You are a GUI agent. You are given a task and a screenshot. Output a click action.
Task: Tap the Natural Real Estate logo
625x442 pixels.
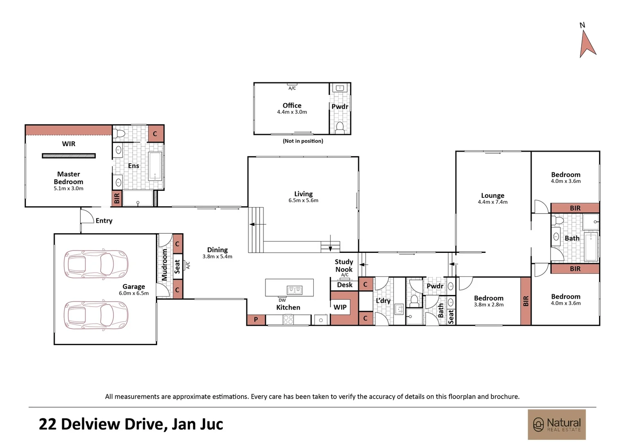point(557,424)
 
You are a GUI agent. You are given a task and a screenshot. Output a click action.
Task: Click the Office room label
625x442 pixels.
point(292,105)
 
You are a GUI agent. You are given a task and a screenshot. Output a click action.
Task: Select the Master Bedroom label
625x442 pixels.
point(68,178)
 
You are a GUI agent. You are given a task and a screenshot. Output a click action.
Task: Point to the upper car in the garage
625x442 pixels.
point(96,264)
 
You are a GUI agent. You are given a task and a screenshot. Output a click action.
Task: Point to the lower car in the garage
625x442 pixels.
point(96,316)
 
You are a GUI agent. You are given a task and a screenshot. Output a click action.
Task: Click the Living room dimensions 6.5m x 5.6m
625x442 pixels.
point(303,201)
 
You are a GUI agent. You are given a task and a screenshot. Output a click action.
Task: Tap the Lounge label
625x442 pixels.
point(492,196)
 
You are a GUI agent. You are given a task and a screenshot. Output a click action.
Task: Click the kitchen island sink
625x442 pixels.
point(295,290)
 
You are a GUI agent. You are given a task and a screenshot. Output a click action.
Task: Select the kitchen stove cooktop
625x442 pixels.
point(288,320)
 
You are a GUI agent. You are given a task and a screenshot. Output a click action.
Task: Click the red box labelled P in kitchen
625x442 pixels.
point(256,320)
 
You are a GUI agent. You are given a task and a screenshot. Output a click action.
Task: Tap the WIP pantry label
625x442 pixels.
point(340,307)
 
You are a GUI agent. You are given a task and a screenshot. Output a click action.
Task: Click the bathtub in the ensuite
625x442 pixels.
point(155,166)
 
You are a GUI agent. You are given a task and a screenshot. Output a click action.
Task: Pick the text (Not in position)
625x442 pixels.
point(303,141)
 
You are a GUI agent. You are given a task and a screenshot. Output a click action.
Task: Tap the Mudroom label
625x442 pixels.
point(164,265)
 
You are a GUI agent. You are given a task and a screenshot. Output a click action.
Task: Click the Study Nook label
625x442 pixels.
point(344,265)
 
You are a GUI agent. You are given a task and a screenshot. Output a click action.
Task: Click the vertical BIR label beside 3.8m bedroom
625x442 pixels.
point(526,301)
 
